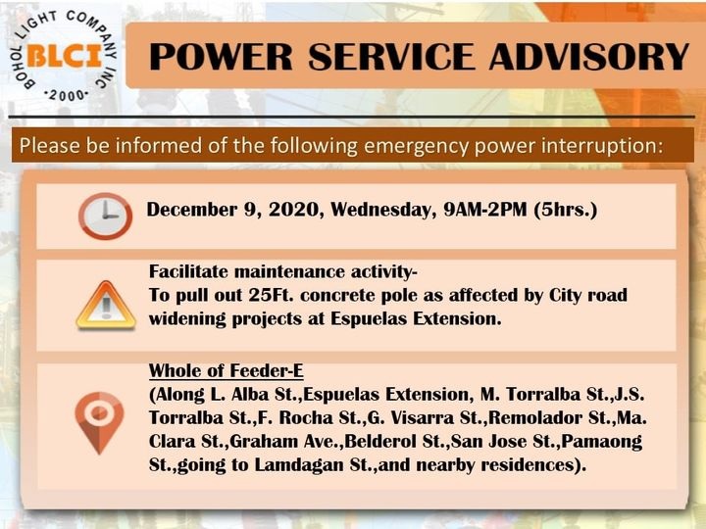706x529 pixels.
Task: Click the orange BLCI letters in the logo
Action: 65,56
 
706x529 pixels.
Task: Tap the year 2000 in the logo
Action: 67,95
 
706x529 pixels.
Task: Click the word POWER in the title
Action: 221,57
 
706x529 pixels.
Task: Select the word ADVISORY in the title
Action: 589,57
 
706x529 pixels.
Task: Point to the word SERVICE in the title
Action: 391,57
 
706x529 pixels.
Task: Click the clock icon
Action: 105,216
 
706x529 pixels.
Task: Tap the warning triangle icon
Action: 106,306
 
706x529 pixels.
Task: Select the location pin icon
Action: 99,423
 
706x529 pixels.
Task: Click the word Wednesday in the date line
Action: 383,210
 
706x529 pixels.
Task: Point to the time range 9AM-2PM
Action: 485,210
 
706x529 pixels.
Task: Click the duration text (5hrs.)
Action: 566,210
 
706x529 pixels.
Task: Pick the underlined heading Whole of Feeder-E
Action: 227,370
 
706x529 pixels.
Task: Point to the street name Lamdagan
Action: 299,464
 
